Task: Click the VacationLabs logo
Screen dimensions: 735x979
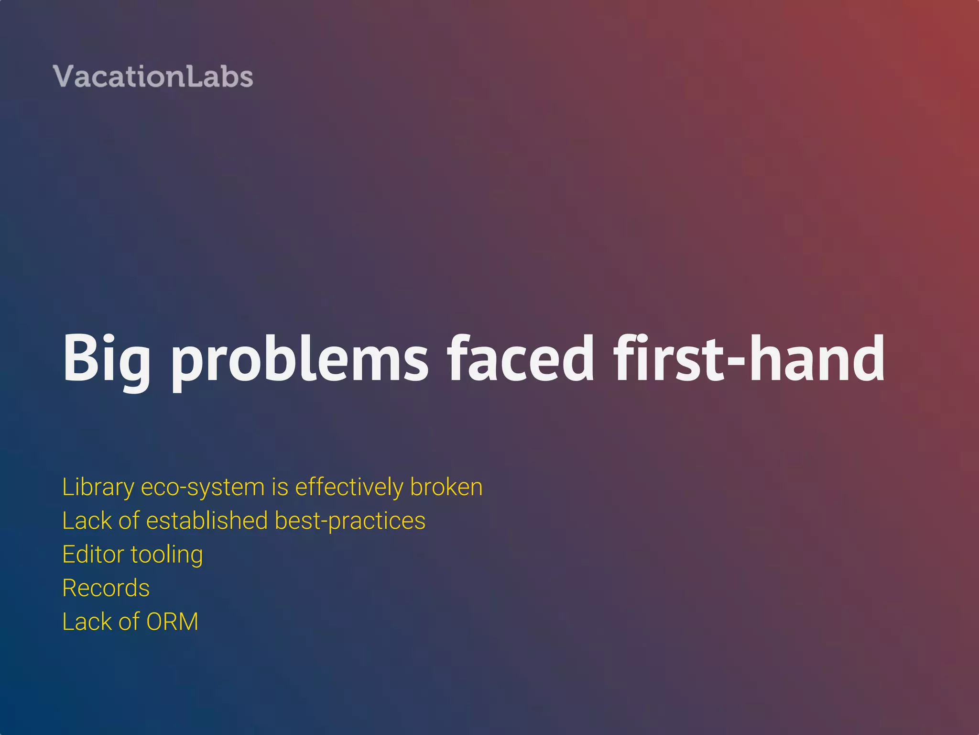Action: (x=153, y=77)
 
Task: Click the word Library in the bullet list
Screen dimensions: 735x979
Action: (x=98, y=488)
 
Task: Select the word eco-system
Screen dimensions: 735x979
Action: (x=203, y=488)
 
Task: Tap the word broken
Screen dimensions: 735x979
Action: (x=446, y=487)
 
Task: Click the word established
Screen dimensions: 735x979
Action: (x=207, y=521)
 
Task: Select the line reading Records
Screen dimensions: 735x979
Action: (x=106, y=588)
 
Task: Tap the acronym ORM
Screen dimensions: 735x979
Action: (x=172, y=622)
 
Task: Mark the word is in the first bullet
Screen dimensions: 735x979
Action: (x=280, y=487)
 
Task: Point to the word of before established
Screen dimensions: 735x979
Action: (x=129, y=521)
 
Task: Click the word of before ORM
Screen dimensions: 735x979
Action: (x=129, y=622)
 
